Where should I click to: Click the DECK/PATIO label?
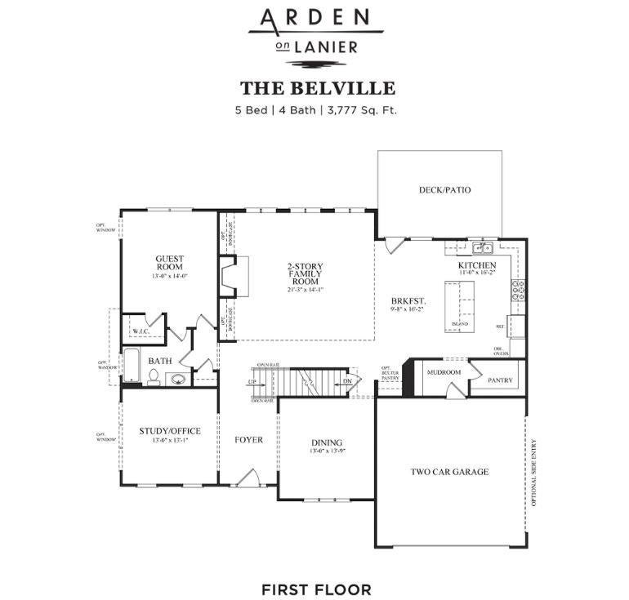(444, 190)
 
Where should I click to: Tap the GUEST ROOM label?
(170, 264)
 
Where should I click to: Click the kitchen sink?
(482, 247)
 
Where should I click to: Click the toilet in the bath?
(153, 377)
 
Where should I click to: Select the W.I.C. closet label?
(141, 331)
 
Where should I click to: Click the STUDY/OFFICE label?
(170, 431)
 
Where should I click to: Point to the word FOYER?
(249, 440)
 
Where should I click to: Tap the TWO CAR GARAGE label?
(449, 472)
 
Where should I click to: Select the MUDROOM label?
(444, 372)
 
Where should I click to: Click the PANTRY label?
(499, 380)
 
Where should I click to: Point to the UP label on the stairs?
(253, 382)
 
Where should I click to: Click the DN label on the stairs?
(346, 381)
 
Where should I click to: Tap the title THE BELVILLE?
(317, 88)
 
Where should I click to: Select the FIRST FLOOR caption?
(316, 589)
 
